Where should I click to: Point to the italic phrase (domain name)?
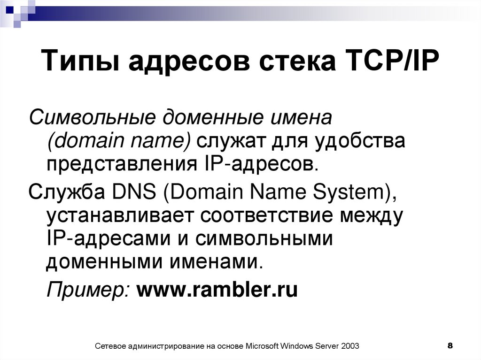[118, 140]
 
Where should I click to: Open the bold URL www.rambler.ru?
[217, 289]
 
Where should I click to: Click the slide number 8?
[450, 346]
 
